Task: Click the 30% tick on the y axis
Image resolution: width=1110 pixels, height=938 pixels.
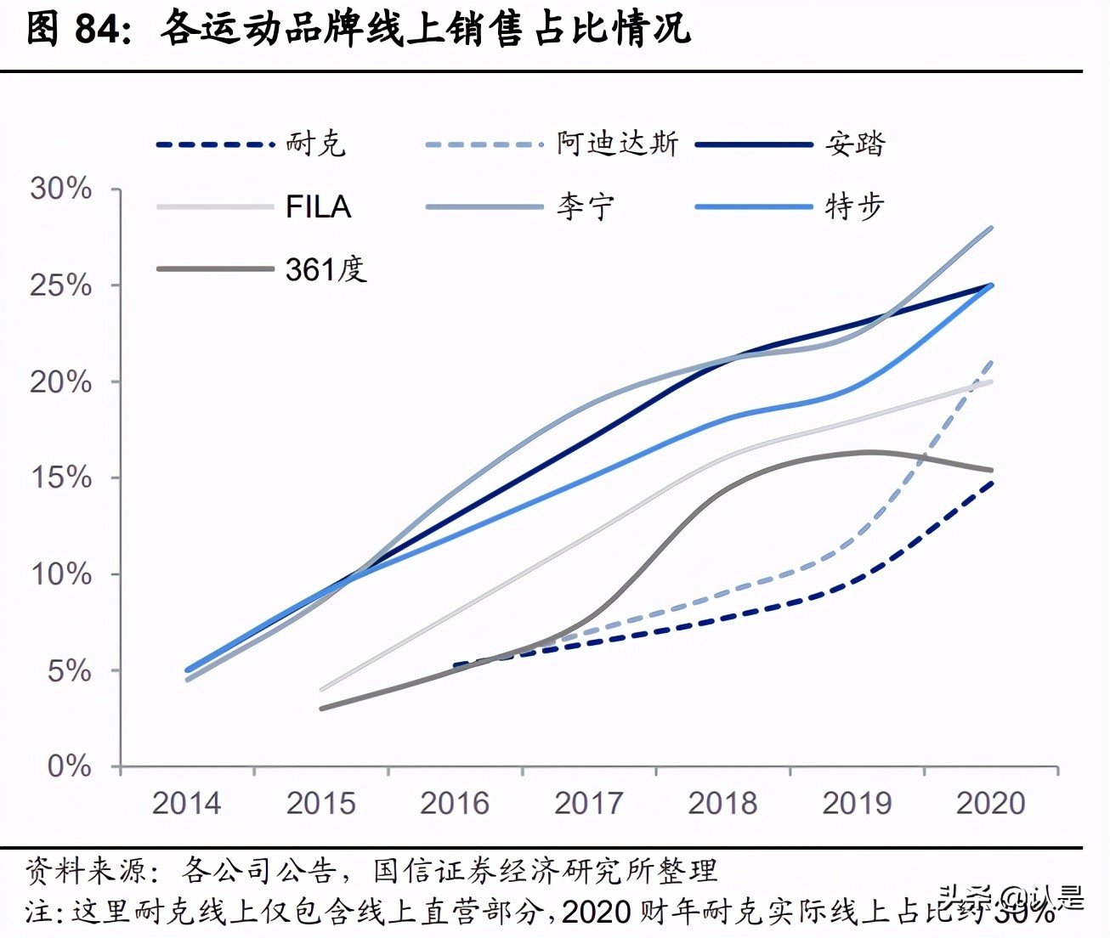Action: [61, 189]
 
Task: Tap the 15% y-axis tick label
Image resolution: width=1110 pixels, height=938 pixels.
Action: [61, 477]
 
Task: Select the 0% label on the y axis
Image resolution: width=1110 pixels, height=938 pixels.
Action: [69, 766]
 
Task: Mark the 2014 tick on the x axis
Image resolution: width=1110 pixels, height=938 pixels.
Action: [186, 803]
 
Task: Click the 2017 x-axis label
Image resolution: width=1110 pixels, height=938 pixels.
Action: [588, 803]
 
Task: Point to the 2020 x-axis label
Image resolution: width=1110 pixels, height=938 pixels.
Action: [990, 803]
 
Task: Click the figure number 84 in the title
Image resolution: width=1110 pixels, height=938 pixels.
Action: [99, 29]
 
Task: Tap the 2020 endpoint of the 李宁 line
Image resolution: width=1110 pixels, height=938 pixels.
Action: [991, 228]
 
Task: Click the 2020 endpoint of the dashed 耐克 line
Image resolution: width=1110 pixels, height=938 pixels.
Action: [991, 483]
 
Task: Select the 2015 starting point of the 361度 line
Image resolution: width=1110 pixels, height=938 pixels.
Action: [321, 708]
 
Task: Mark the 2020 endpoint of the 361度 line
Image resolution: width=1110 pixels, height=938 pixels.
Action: [991, 470]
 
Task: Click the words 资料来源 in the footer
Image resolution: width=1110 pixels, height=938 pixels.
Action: [86, 870]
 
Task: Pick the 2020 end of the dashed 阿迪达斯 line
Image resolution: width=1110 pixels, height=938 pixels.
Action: [991, 362]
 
